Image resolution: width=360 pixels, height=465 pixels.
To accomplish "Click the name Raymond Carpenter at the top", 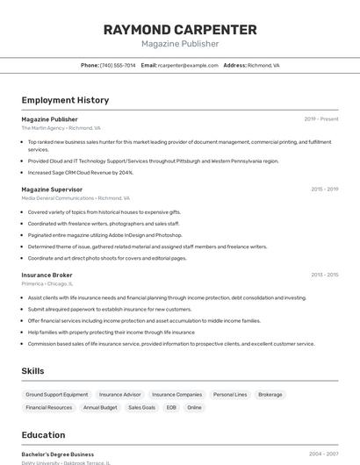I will click(x=180, y=30).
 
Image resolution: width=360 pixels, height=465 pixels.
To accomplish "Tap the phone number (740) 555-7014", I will click(x=118, y=65).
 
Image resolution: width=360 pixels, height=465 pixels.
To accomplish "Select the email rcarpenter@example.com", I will click(x=188, y=65).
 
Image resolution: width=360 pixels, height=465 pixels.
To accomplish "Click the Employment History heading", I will click(x=65, y=100).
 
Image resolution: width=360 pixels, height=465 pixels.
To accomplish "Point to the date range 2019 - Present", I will click(x=320, y=119).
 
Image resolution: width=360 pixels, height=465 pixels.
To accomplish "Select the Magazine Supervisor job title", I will click(x=52, y=190).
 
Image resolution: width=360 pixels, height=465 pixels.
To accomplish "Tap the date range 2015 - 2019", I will click(x=324, y=190).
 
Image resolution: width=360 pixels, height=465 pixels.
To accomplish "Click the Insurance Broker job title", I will click(x=47, y=275).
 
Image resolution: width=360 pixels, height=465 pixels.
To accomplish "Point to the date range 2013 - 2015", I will click(x=324, y=275).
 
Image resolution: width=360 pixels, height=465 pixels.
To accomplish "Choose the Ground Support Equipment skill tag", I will click(x=57, y=395).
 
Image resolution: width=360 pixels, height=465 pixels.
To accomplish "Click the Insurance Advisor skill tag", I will click(x=119, y=395).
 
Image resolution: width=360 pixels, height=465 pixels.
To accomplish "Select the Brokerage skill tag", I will click(x=270, y=395).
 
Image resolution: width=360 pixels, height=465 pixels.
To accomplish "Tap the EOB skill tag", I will click(x=171, y=407).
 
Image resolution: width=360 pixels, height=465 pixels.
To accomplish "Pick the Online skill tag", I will click(x=194, y=407).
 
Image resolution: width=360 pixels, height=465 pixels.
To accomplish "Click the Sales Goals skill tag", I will click(x=141, y=407).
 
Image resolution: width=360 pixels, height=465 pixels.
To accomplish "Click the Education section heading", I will click(x=43, y=434).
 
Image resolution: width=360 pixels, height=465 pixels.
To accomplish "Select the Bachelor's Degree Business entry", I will click(x=58, y=454).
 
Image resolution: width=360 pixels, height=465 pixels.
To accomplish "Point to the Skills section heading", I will click(x=32, y=371).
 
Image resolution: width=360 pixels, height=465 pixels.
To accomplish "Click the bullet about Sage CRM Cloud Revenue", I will click(x=81, y=173).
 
